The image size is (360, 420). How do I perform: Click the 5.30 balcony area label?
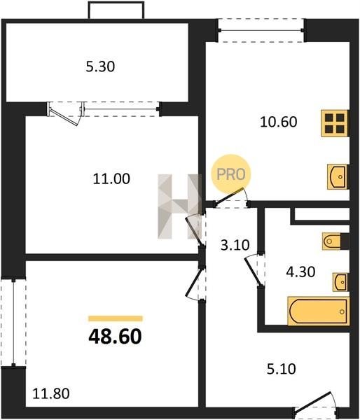100,66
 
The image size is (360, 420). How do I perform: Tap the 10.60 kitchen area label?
279,122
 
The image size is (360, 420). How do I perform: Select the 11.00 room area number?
111,178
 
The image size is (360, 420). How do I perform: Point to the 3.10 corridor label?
235,245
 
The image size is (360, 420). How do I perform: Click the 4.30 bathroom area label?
300,272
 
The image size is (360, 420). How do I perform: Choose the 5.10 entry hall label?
282,369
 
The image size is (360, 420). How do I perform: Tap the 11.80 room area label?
51,393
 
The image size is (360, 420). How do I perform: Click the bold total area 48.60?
115,337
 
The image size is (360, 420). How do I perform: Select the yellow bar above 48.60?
116,318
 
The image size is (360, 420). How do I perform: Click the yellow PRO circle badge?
231,174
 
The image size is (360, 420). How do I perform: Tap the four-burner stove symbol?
335,123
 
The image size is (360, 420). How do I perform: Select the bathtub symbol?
319,311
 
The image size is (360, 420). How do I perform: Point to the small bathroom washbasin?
340,282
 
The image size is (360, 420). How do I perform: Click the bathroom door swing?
253,270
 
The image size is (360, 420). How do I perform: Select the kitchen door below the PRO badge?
231,196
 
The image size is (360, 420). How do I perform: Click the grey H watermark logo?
179,206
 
